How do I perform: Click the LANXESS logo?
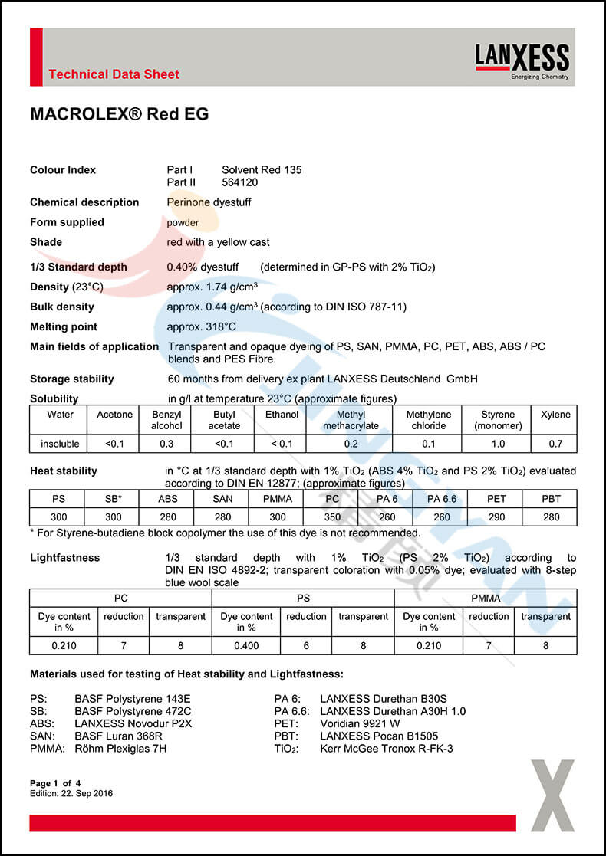coord(522,60)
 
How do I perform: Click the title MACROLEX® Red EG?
coord(119,114)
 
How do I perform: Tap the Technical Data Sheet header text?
coord(114,74)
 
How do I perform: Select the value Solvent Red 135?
coord(262,170)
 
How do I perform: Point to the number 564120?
coord(239,182)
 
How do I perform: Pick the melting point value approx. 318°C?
coord(202,326)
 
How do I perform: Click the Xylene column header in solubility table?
coord(555,415)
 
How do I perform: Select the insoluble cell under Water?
coord(60,444)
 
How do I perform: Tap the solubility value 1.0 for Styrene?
coord(498,444)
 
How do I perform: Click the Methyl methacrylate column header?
coord(351,420)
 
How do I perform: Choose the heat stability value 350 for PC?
coord(332,517)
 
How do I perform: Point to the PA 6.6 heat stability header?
coord(442,498)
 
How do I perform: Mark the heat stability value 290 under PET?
coord(496,517)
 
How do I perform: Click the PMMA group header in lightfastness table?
coord(486,598)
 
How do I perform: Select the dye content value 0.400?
coord(246,645)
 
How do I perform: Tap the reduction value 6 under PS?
coord(306,645)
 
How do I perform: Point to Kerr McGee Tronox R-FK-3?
coord(386,748)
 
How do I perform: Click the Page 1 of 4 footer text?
coord(61,783)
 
